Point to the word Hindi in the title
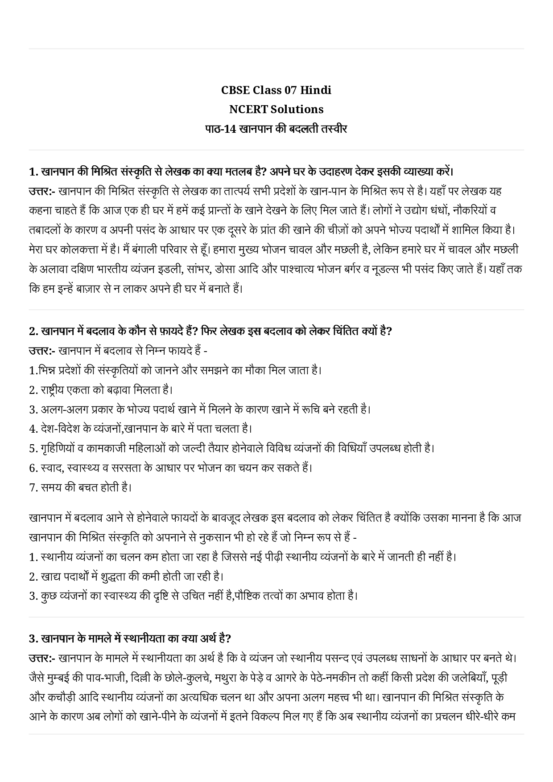coord(315,90)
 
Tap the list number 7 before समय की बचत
coord(33,487)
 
